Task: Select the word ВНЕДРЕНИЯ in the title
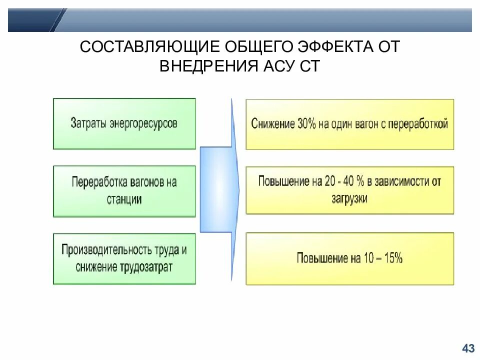209,66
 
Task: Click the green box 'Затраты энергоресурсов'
124,123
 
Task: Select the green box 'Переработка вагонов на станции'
124,191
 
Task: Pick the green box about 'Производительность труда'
124,258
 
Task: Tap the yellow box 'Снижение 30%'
350,124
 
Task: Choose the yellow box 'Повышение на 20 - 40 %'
350,190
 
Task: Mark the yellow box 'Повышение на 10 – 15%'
350,258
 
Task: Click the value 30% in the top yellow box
306,123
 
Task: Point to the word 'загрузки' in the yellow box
349,198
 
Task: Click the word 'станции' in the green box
124,199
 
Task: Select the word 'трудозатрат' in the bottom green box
146,267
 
